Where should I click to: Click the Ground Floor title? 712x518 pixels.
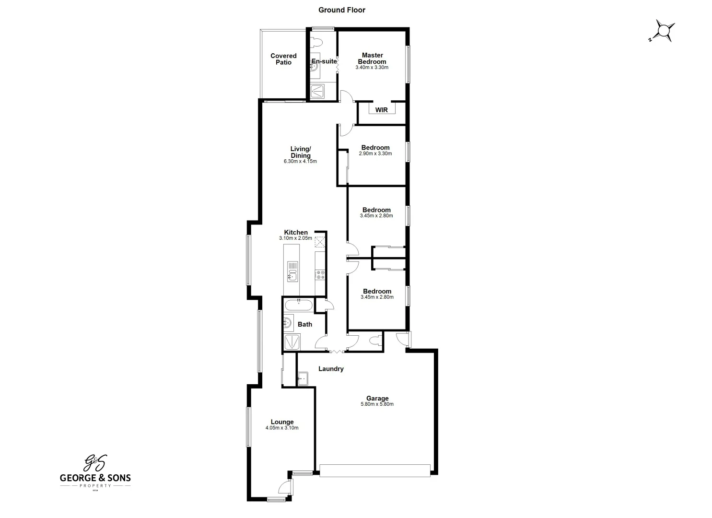pyautogui.click(x=342, y=10)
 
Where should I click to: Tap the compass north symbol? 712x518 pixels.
pyautogui.click(x=663, y=31)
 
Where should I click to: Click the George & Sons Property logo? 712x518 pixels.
pyautogui.click(x=95, y=472)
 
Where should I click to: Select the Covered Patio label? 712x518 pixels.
pyautogui.click(x=283, y=59)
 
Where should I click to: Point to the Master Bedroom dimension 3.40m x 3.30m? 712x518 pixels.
pyautogui.click(x=372, y=68)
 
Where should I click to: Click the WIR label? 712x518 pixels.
pyautogui.click(x=381, y=110)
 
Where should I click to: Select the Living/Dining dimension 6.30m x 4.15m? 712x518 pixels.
pyautogui.click(x=300, y=162)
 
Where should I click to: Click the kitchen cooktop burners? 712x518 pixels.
pyautogui.click(x=320, y=275)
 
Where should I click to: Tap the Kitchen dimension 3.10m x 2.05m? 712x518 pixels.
pyautogui.click(x=295, y=238)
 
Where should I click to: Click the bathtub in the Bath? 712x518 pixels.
pyautogui.click(x=299, y=305)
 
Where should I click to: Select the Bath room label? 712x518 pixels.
pyautogui.click(x=305, y=324)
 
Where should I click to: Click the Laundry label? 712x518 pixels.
pyautogui.click(x=331, y=369)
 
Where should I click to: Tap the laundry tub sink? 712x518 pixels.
pyautogui.click(x=303, y=378)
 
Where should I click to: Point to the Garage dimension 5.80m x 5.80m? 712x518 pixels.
pyautogui.click(x=377, y=404)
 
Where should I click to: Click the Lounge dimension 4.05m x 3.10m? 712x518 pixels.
pyautogui.click(x=282, y=428)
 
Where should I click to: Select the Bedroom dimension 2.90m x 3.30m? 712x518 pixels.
pyautogui.click(x=375, y=154)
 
